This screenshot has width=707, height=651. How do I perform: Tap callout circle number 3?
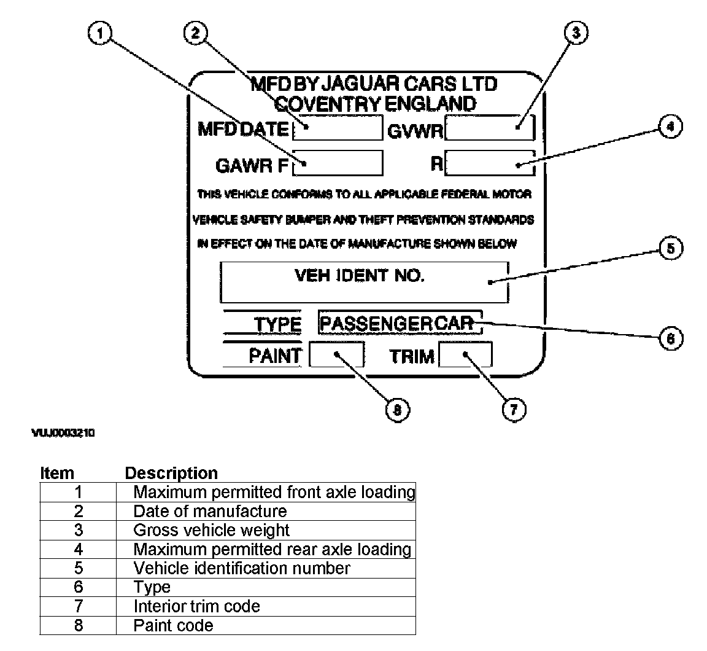(576, 34)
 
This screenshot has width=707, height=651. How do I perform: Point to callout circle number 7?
(514, 409)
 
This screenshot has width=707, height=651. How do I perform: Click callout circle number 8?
(397, 410)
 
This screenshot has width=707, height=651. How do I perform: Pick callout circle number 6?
(670, 338)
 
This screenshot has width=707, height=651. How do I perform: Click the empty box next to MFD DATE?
(338, 128)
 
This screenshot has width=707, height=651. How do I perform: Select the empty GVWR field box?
(490, 128)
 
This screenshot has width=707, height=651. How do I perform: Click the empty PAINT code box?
(336, 355)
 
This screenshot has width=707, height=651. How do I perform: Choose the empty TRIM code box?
(465, 355)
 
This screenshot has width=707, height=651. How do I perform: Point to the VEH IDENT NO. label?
(360, 276)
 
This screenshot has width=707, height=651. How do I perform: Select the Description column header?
(171, 473)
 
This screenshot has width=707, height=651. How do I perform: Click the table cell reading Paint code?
(174, 625)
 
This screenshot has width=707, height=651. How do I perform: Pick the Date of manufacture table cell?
(210, 511)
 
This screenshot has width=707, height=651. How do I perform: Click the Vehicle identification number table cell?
(242, 568)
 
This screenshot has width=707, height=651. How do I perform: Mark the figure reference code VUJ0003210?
(63, 433)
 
